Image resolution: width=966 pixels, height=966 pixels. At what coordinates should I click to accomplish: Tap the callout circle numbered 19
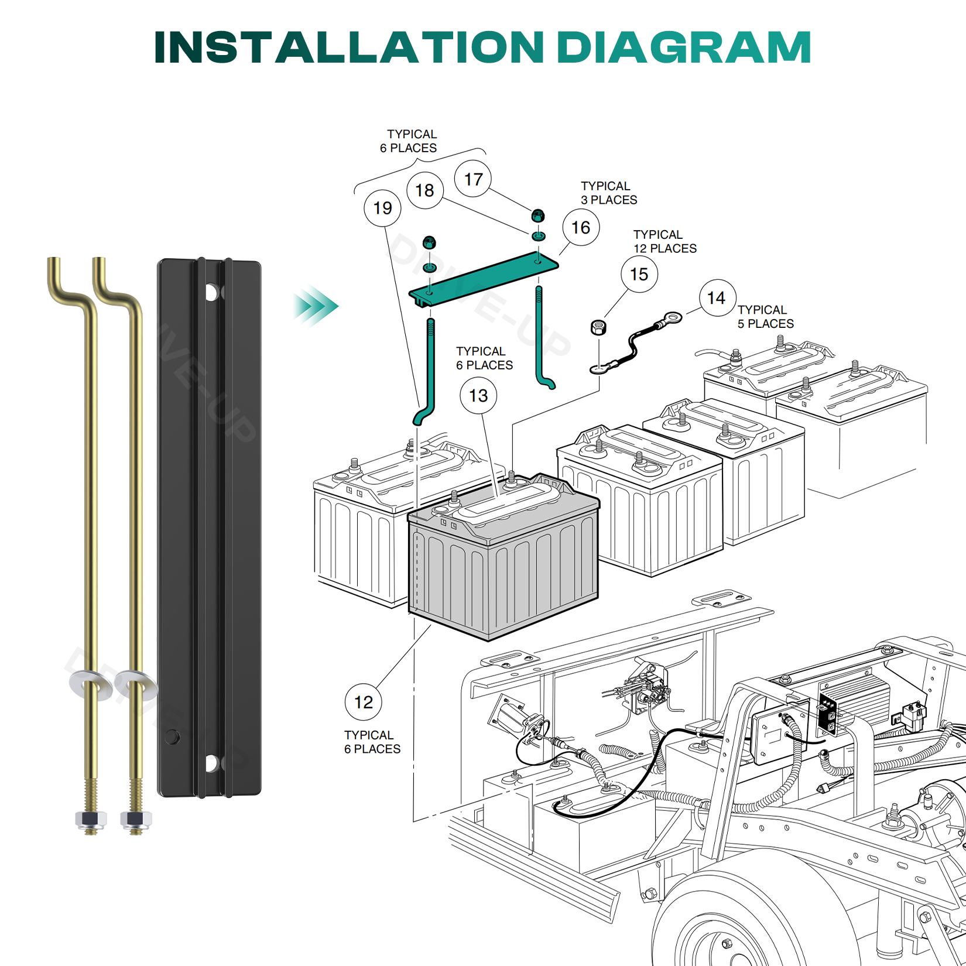382,208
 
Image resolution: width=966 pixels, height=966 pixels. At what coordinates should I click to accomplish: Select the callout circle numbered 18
424,190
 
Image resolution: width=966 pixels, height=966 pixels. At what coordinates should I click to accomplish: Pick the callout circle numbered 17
473,179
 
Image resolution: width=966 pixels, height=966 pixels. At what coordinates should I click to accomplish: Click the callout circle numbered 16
580,228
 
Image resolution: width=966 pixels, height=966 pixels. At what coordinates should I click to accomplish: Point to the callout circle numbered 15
639,274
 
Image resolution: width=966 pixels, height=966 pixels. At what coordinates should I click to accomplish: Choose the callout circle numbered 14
717,298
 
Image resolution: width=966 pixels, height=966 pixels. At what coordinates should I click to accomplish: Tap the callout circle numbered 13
478,396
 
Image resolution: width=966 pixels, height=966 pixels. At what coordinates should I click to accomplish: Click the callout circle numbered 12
363,702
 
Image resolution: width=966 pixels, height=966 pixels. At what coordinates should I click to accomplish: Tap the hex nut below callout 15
598,327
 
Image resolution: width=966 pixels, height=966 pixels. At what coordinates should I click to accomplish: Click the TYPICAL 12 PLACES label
664,241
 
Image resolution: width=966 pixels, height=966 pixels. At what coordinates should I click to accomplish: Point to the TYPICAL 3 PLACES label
608,193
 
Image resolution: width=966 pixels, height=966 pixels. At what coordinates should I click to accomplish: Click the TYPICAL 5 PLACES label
765,317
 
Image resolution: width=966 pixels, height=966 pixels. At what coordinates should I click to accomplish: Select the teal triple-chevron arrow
316,306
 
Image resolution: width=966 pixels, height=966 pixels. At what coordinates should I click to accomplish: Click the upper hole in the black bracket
211,292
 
